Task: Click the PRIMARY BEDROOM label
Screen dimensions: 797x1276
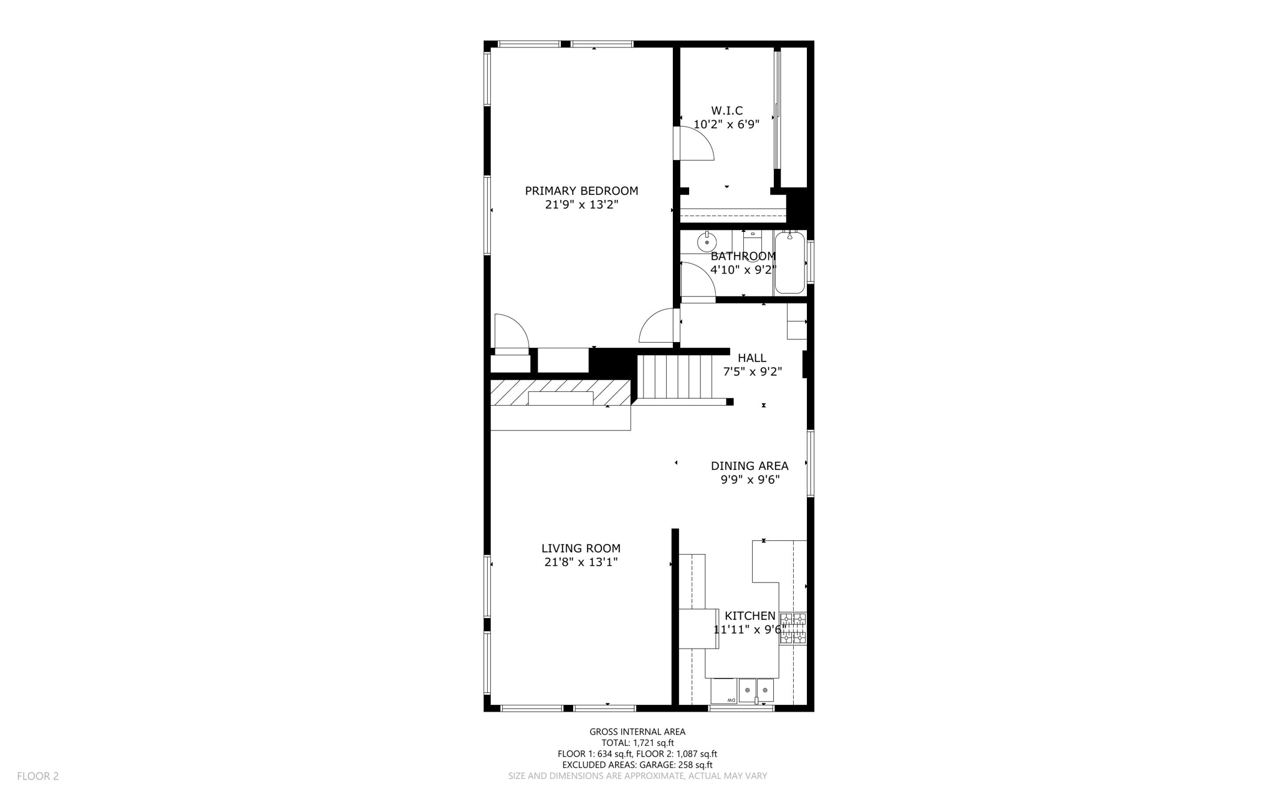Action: pos(581,191)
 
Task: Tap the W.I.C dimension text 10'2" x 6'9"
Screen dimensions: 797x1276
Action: pos(726,124)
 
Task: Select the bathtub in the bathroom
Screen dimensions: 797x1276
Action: pos(789,262)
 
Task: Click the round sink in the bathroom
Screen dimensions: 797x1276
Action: pos(707,241)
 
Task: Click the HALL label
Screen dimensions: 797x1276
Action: pos(752,358)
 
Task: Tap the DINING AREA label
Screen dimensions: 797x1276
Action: pos(750,465)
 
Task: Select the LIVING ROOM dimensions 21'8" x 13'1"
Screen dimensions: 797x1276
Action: pos(581,562)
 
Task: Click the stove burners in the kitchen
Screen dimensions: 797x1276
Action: pos(793,628)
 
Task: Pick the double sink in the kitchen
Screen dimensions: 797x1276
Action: pos(756,690)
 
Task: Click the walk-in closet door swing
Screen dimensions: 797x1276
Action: pos(695,144)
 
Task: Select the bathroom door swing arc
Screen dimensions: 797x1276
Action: pos(697,279)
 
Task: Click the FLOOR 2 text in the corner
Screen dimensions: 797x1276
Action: pos(37,776)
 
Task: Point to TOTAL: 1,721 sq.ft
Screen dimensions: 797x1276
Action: pos(637,743)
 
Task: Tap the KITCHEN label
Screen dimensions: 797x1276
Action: pos(750,616)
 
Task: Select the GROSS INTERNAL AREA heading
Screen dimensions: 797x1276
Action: pos(637,732)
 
